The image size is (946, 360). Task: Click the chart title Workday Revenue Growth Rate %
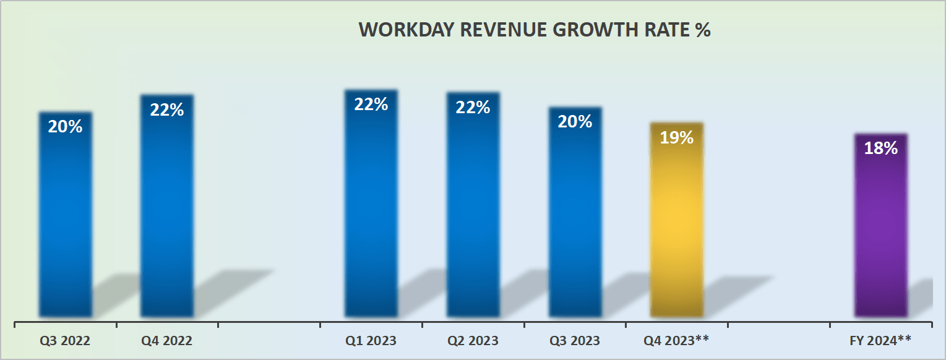click(535, 30)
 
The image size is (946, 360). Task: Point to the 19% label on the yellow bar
click(676, 138)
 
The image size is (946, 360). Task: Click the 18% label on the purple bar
click(880, 148)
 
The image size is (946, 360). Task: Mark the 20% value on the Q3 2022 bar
click(66, 127)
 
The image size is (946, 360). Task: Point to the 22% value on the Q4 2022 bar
click(167, 110)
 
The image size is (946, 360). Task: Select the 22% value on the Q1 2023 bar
click(371, 105)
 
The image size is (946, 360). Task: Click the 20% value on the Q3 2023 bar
click(575, 122)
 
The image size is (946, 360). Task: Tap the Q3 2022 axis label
click(64, 341)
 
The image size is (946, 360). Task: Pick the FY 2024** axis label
click(880, 341)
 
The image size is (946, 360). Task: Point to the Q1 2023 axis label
click(371, 341)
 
